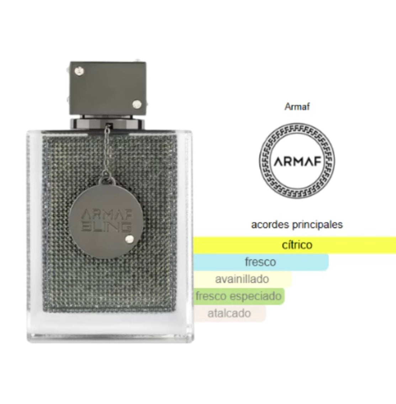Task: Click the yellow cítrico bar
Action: click(295, 245)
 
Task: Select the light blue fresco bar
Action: click(261, 262)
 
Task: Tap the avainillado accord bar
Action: click(242, 279)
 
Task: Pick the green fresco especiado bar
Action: click(239, 296)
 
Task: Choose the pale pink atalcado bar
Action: click(229, 313)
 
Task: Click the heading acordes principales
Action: click(297, 225)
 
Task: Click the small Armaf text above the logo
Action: click(297, 106)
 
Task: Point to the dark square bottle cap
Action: click(108, 88)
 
